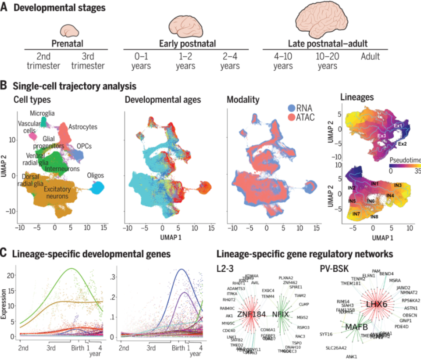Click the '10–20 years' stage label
pyautogui.click(x=327, y=61)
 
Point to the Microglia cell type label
pyautogui.click(x=42, y=113)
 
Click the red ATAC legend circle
pyautogui.click(x=292, y=117)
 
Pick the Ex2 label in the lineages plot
pyautogui.click(x=403, y=144)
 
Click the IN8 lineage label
pyautogui.click(x=375, y=216)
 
